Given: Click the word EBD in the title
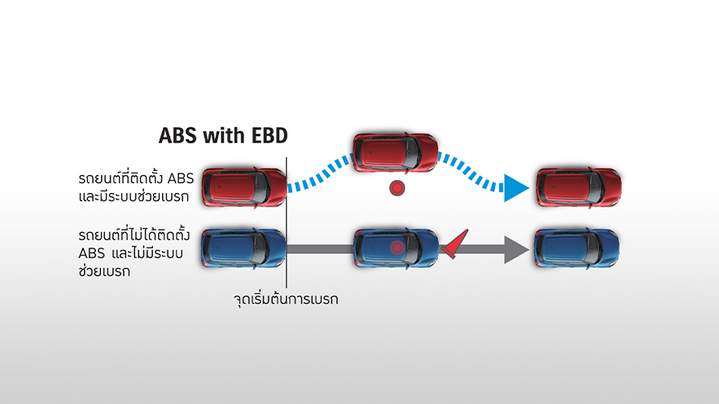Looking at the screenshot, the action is point(270,136).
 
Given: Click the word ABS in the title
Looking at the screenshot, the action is point(178,136).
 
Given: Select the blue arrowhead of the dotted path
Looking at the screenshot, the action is point(516,187).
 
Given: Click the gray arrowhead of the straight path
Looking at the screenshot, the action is point(517,249).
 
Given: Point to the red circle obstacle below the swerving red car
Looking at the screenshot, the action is point(397,188).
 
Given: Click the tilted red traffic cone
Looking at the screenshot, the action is point(455,244).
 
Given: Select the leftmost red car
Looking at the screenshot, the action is point(244,187).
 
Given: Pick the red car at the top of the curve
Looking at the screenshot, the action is point(395,152).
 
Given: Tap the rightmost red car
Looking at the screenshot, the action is point(579,187).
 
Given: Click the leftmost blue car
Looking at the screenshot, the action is point(244,248).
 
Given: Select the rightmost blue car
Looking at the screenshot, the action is point(577,248).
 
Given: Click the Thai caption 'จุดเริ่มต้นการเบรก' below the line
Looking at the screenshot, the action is point(286,300).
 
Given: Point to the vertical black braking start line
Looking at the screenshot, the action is point(287,222).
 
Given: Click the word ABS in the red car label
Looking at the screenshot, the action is point(181,178).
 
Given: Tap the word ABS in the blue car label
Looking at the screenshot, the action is point(92,253).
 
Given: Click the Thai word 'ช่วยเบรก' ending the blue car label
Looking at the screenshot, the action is point(104,271).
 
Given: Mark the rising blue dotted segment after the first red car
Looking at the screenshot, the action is point(320,173).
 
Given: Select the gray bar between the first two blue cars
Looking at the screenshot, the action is point(320,249).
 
